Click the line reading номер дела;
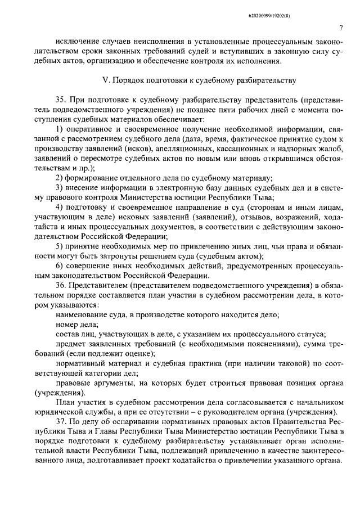[x=77, y=324]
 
